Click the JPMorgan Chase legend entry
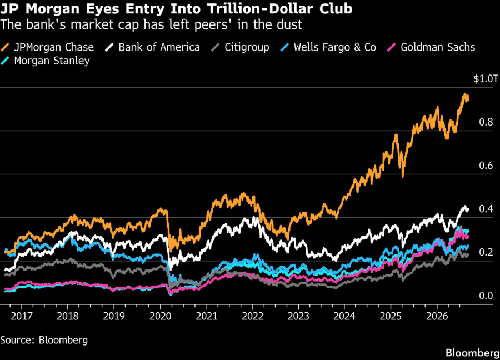click(x=47, y=47)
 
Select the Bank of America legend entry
click(x=152, y=47)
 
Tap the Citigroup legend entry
click(x=240, y=47)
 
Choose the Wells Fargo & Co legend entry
click(x=328, y=47)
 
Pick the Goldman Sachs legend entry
click(x=431, y=47)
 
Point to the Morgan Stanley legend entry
click(x=46, y=61)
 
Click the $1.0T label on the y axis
click(x=486, y=79)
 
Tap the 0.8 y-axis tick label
click(x=486, y=122)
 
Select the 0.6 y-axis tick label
click(x=486, y=166)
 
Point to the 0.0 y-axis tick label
click(x=486, y=296)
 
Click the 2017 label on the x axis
click(x=22, y=316)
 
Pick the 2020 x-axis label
click(x=161, y=316)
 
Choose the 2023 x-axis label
click(x=298, y=316)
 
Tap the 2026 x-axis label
click(x=437, y=316)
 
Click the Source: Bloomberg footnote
click(x=44, y=340)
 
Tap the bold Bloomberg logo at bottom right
click(x=473, y=353)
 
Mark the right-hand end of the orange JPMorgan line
click(x=468, y=100)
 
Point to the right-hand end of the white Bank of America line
click(x=468, y=209)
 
